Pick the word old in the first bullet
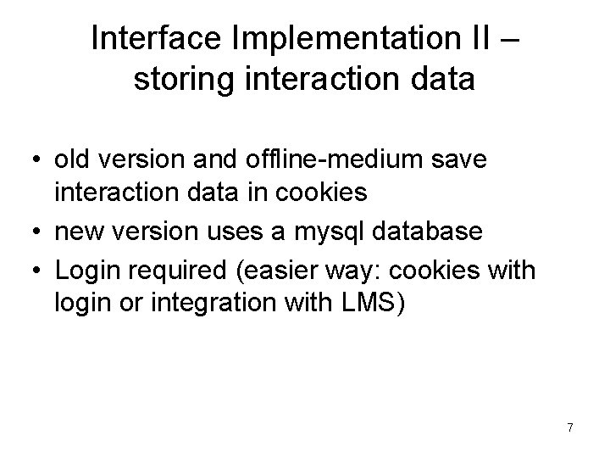tap(71, 160)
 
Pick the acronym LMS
tap(365, 303)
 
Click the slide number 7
tap(569, 427)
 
